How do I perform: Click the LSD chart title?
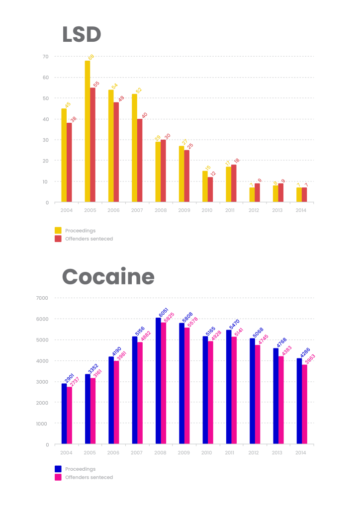pos(82,35)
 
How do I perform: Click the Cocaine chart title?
pos(108,277)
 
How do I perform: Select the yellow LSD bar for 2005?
pos(88,131)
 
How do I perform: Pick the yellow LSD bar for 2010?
pos(205,186)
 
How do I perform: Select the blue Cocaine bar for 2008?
pos(158,381)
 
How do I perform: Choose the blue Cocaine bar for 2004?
pos(64,414)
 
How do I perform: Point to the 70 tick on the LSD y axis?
pos(45,57)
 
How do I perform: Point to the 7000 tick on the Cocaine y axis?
pos(42,298)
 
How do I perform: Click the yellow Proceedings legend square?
pos(58,230)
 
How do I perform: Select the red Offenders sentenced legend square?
pos(58,239)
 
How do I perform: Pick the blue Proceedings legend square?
pos(58,469)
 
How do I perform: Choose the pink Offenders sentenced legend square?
pos(58,477)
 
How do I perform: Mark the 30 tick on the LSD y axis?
pos(45,140)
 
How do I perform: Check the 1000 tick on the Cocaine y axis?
pos(42,424)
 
